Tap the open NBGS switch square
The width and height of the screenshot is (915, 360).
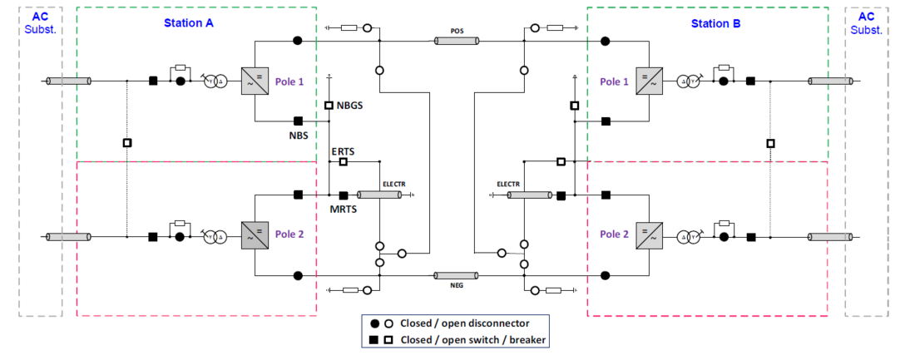tap(329, 106)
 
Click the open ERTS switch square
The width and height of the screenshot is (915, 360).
tap(343, 161)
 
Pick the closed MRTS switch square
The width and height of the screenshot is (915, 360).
tap(343, 195)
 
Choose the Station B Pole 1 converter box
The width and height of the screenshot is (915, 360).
tap(648, 81)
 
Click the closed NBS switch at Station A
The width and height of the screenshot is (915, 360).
tap(298, 121)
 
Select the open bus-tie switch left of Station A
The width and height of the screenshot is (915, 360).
tap(126, 143)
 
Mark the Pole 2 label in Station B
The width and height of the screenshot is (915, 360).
tap(615, 234)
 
